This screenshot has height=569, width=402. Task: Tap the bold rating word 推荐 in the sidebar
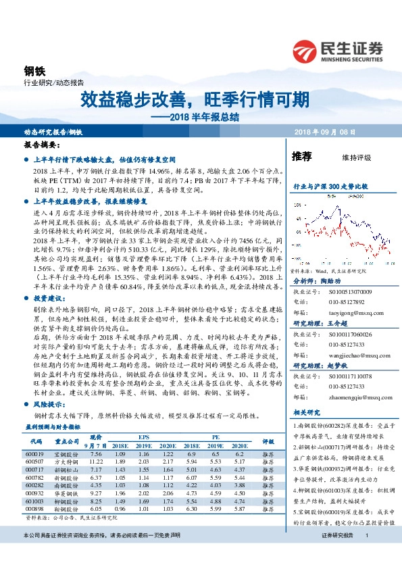pyautogui.click(x=301, y=157)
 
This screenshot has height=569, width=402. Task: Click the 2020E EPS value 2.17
pyautogui.click(x=167, y=462)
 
